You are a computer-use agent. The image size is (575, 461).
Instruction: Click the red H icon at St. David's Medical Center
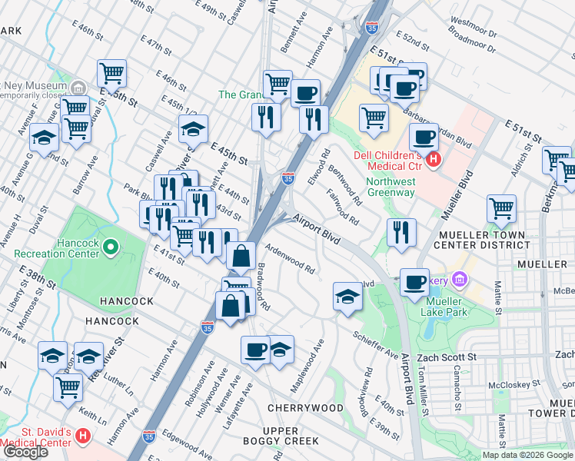tap(83, 436)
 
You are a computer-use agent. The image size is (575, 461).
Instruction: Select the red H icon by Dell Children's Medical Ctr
tap(433, 160)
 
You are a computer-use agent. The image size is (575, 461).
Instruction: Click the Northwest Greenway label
tap(391, 187)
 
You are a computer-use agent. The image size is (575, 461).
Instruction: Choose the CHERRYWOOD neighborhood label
tap(305, 407)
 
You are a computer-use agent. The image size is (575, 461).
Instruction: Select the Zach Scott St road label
tap(447, 358)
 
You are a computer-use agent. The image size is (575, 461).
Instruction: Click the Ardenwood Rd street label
tap(290, 258)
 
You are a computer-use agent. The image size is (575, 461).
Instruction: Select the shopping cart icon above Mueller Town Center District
tap(501, 207)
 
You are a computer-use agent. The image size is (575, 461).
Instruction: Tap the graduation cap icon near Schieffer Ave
tap(347, 295)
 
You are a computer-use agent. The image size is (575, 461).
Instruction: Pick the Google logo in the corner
tap(25, 452)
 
